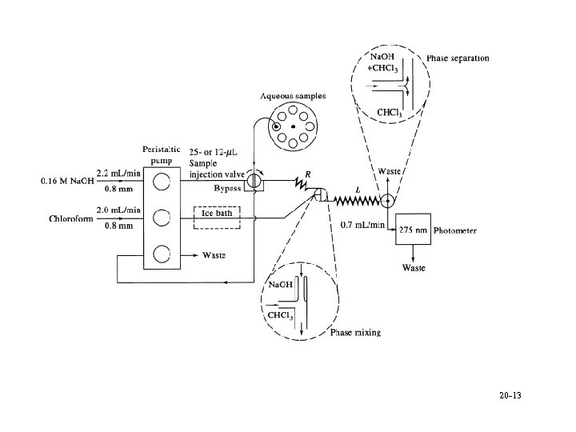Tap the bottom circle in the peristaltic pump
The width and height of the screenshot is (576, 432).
coord(162,254)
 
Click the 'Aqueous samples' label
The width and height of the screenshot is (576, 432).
coord(293,96)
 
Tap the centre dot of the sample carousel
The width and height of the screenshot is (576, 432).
coord(294,127)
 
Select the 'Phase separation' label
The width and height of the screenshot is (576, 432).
coord(458,58)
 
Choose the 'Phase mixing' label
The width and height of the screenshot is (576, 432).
coord(356,333)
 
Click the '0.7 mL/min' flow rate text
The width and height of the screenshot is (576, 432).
coord(362,225)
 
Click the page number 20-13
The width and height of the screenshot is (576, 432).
coord(510,396)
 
